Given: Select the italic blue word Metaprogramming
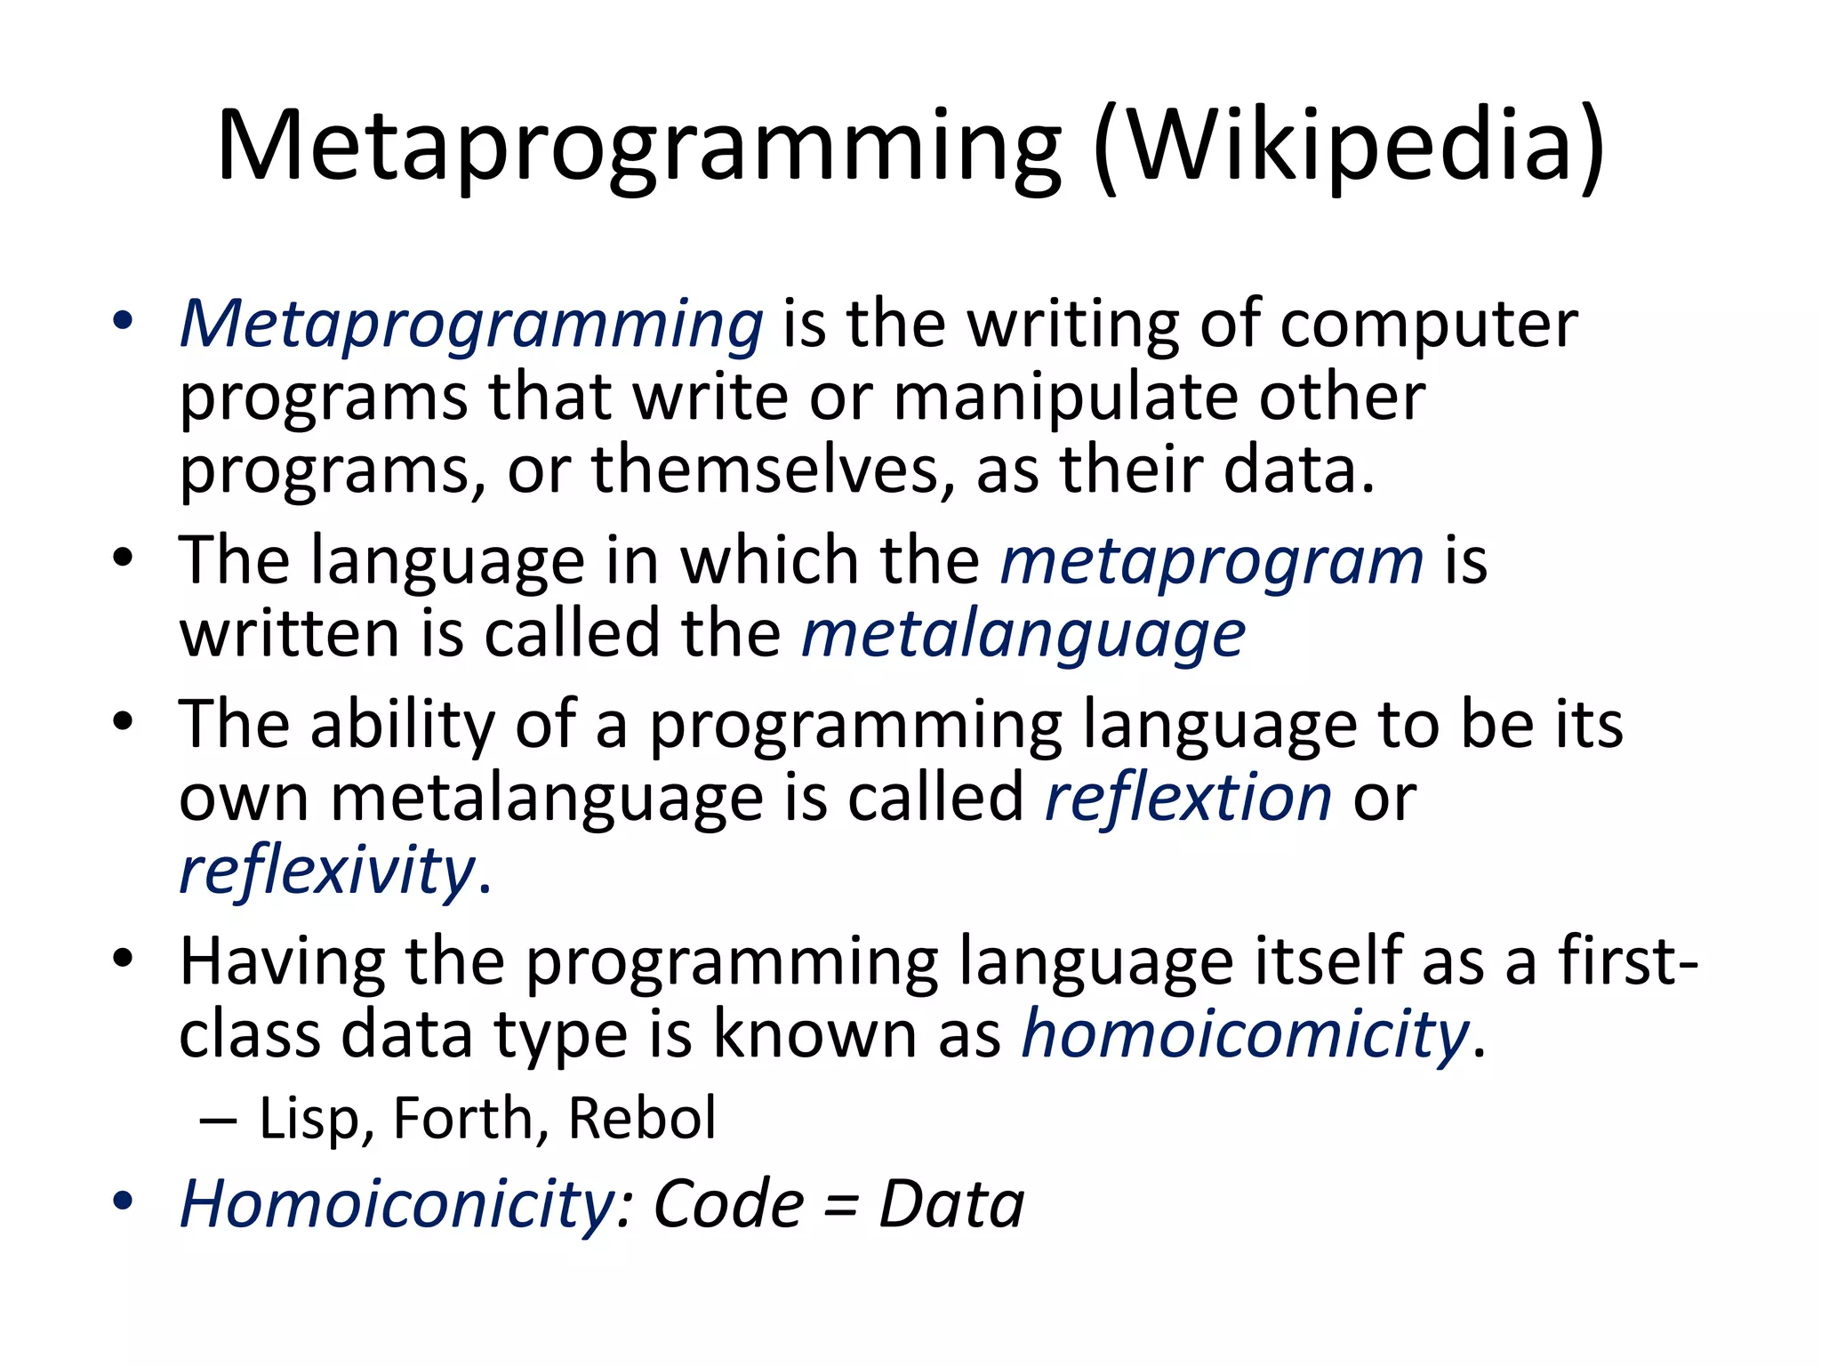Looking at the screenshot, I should tap(471, 325).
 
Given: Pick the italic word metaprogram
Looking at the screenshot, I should tap(1212, 562).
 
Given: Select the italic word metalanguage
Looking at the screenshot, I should tap(1023, 637).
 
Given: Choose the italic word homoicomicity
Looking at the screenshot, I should tap(1245, 1034).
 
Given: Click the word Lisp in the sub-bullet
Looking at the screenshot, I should tap(310, 1118).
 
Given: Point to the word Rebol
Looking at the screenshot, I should tap(641, 1118).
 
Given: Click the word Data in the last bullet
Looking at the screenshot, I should tap(951, 1205).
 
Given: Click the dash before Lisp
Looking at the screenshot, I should tap(218, 1120).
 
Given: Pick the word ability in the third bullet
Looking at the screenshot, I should tap(402, 725).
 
